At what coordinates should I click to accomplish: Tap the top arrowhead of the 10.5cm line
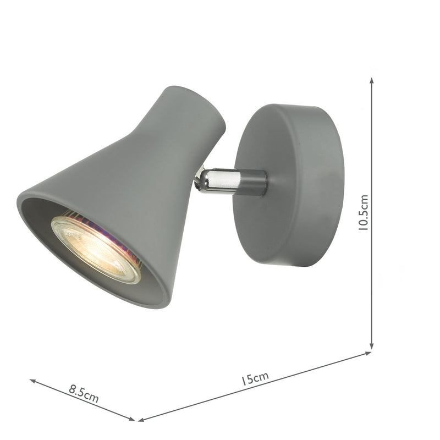[372, 80]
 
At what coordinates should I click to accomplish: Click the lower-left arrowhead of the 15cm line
[141, 420]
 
